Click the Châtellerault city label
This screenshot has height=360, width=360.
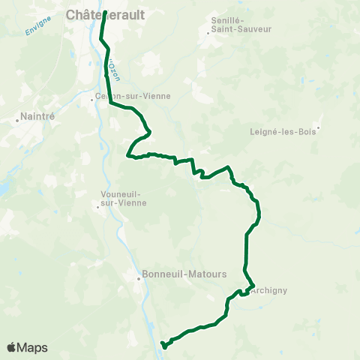pos(105,14)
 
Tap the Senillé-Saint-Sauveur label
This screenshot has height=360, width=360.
pos(240,24)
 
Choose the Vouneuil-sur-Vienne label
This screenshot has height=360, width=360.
pos(123,198)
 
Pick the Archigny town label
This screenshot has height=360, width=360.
pos(270,289)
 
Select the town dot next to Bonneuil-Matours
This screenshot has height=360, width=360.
pos(139,280)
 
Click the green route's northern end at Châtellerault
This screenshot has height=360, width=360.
pos(103,12)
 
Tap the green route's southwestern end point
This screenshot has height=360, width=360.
pos(163,346)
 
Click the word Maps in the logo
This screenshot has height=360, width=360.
pos(33,347)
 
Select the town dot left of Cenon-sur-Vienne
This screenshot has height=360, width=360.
pos(95,97)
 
